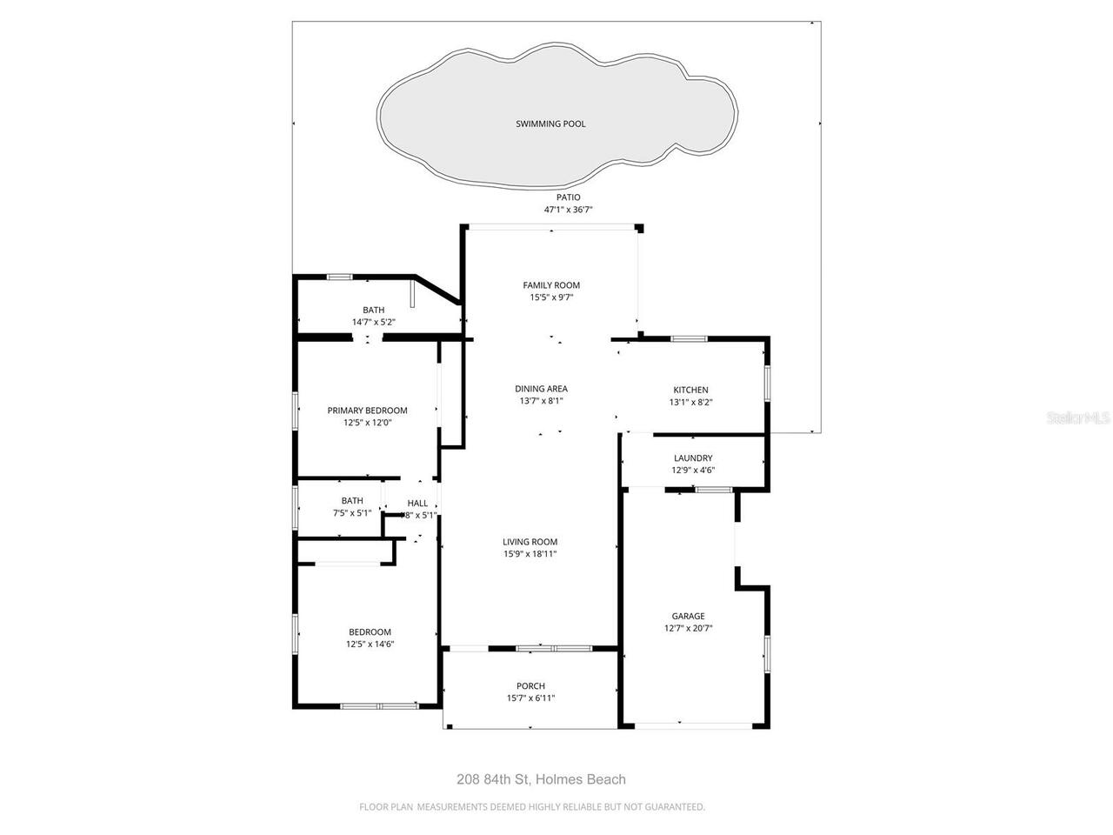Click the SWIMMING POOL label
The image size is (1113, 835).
pos(550,124)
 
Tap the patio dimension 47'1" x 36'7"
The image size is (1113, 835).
pos(568,210)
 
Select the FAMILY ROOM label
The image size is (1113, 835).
pos(551,285)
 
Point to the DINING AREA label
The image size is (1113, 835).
pos(541,389)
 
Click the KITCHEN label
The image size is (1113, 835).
pos(690,390)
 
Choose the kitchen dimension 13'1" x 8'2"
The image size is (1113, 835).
pos(690,402)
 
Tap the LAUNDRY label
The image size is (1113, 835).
pos(693,458)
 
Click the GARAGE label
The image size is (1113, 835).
pos(688,616)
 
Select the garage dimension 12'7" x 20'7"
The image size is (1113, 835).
pos(688,628)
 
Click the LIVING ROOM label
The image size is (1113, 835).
pos(530,542)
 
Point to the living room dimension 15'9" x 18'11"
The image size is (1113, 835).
pos(530,554)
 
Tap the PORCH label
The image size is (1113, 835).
pos(530,686)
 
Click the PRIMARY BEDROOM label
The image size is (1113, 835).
pos(367,411)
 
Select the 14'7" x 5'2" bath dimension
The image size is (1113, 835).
pos(373,322)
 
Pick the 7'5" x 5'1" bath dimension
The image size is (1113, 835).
pos(352,513)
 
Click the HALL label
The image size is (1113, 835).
pos(417,503)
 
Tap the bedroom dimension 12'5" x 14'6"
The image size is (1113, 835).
pos(370,645)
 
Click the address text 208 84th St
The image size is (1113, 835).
pos(493,780)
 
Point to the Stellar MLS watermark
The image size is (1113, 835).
pos(1078,418)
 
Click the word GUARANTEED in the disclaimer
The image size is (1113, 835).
pos(673,807)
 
